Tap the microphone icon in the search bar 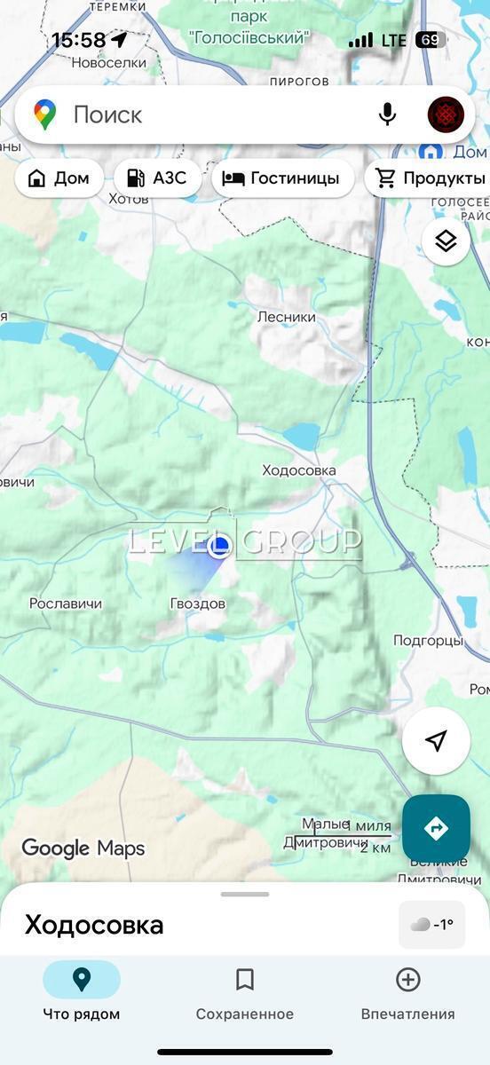pos(387,114)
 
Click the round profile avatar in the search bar pos(446,114)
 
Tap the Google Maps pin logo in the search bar pos(44,114)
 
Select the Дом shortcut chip pos(59,178)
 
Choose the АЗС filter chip pos(157,178)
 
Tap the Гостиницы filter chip pos(281,178)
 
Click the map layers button pos(446,241)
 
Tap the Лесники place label pos(287,317)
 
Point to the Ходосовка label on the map pos(299,470)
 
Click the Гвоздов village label pos(198,603)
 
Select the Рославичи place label pos(66,603)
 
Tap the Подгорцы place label pos(428,640)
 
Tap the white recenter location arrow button pos(435,741)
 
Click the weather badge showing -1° pos(432,924)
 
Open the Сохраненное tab pos(245,992)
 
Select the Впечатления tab pos(407,992)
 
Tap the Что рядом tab pos(82,992)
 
